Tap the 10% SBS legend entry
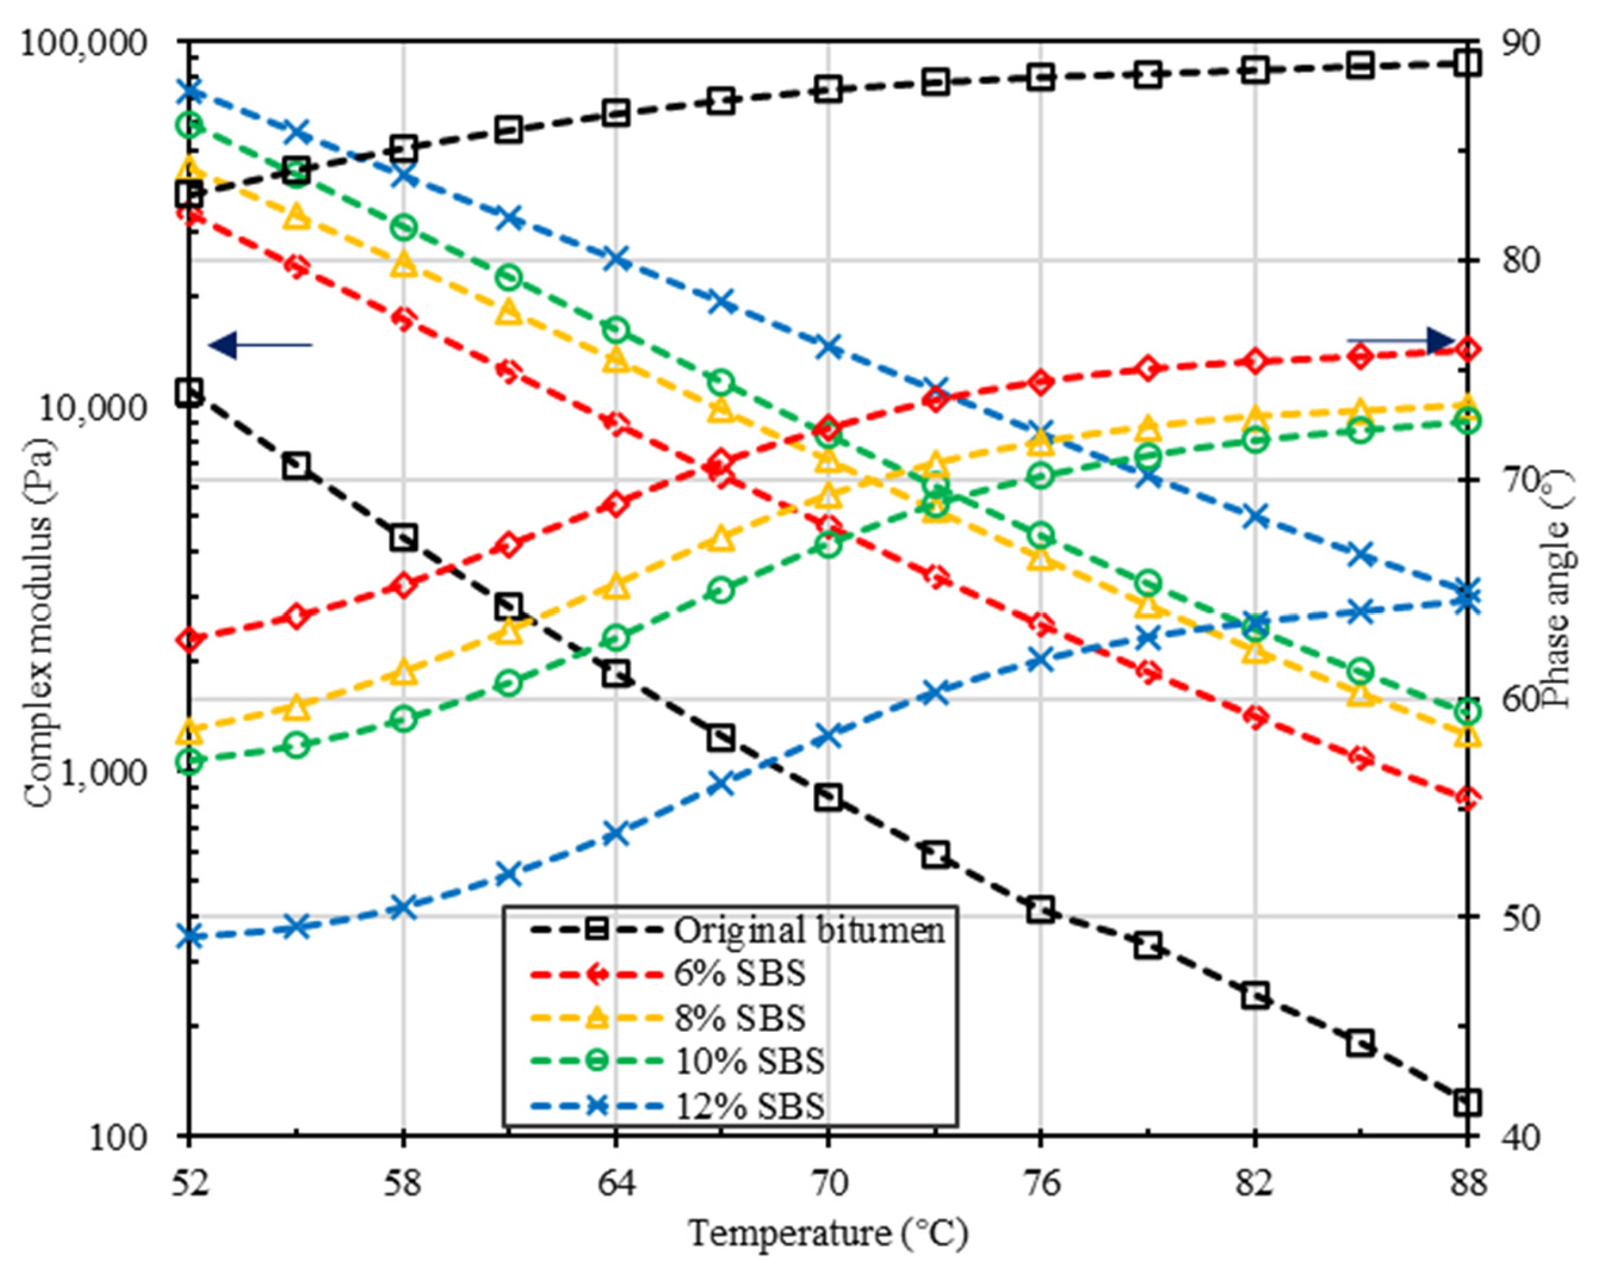(x=749, y=1061)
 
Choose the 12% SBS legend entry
(x=749, y=1105)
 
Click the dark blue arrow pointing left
(x=260, y=344)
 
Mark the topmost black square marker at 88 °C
(x=1467, y=63)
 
